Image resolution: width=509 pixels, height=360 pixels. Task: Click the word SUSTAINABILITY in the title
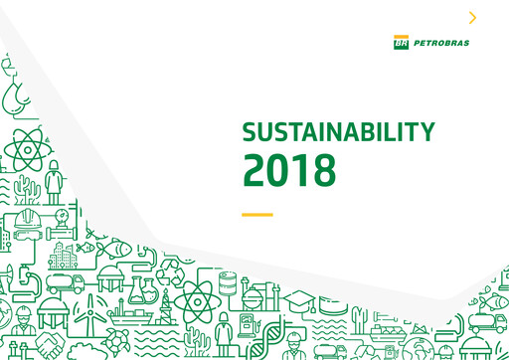pyautogui.click(x=339, y=132)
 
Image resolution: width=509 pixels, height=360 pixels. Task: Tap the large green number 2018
pyautogui.click(x=289, y=170)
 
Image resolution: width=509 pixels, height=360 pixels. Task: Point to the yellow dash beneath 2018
pyautogui.click(x=256, y=214)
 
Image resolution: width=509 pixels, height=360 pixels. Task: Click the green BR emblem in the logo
pyautogui.click(x=401, y=43)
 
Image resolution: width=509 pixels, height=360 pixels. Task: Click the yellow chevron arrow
pyautogui.click(x=472, y=17)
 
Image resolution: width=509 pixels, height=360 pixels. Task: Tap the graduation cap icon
pyautogui.click(x=298, y=301)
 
